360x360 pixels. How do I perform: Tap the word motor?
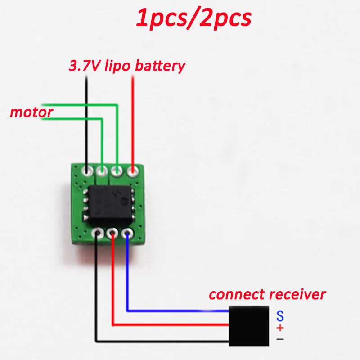[31, 112]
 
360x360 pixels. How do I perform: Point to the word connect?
[237, 295]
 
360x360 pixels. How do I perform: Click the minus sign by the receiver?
[280, 338]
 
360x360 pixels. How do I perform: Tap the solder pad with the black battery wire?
[87, 171]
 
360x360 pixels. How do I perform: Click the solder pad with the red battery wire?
[133, 171]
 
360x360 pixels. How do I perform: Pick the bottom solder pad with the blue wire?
[128, 233]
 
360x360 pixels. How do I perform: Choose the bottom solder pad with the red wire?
[112, 233]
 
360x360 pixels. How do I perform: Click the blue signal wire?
[180, 310]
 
